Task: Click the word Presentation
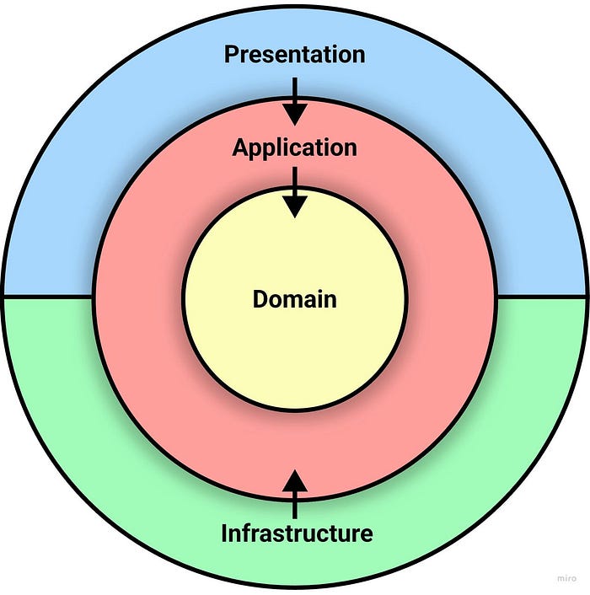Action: (x=294, y=55)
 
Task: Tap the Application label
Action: (x=294, y=148)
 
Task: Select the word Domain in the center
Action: (x=294, y=299)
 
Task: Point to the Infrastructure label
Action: (x=296, y=533)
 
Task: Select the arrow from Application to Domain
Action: (x=294, y=191)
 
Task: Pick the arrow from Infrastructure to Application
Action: (x=294, y=495)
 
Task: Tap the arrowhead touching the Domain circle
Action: (x=294, y=206)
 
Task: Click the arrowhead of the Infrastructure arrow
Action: (x=294, y=481)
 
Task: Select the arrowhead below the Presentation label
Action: (x=294, y=112)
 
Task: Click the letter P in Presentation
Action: (x=231, y=55)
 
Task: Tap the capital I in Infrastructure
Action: (x=225, y=533)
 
